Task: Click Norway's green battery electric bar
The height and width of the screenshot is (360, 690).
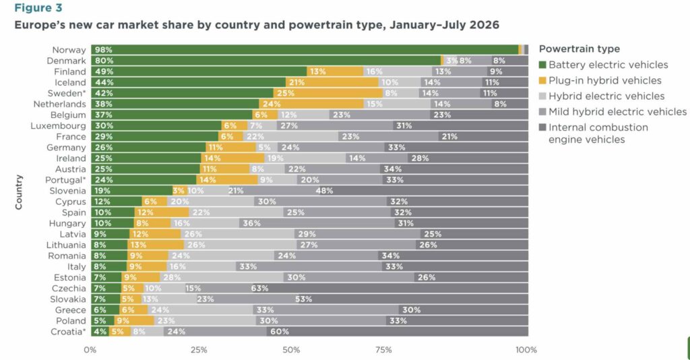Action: coord(305,50)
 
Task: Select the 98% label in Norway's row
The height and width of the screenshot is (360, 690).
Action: coord(104,50)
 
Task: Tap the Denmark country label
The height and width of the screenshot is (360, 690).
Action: coord(66,61)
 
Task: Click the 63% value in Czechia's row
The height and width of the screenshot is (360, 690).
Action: coord(259,289)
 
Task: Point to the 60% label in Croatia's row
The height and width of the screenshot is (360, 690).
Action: coord(280,332)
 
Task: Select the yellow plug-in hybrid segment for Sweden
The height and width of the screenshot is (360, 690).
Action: coord(328,93)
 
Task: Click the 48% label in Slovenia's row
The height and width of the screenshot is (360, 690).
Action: coord(324,191)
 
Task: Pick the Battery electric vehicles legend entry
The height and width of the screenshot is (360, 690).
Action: coord(604,65)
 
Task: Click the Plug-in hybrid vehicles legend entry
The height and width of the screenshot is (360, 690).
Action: coord(600,80)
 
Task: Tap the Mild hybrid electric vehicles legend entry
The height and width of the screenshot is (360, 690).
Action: coord(613,112)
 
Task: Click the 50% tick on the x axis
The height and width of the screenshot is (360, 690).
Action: coord(291,350)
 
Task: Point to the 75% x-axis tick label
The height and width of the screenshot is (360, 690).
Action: coord(383,350)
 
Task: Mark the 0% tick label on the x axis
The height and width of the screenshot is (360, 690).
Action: coord(90,350)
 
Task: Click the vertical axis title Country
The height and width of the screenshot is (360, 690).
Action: coord(18,192)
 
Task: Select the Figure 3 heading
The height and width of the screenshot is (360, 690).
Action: coord(38,8)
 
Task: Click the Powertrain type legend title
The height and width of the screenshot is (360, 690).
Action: coord(579,49)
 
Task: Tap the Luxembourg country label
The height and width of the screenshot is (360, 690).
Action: coord(58,126)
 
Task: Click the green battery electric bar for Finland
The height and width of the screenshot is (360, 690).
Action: coord(199,71)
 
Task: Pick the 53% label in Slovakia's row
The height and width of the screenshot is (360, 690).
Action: coord(304,299)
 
